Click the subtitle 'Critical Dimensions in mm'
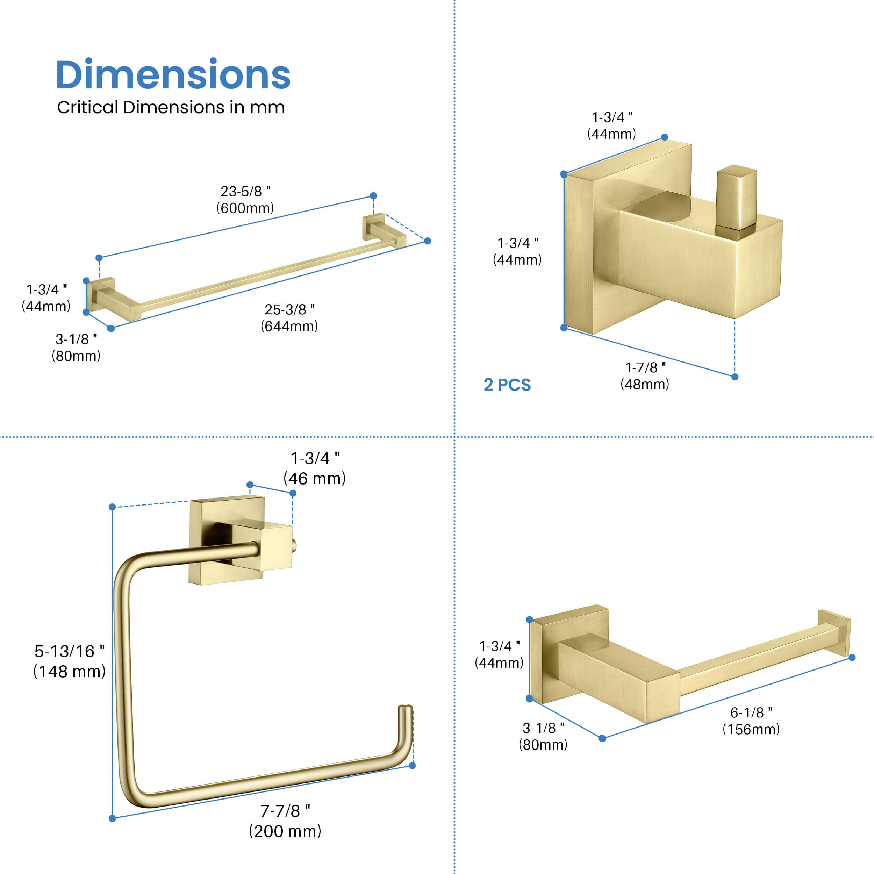coord(171,108)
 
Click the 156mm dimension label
coord(751,729)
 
